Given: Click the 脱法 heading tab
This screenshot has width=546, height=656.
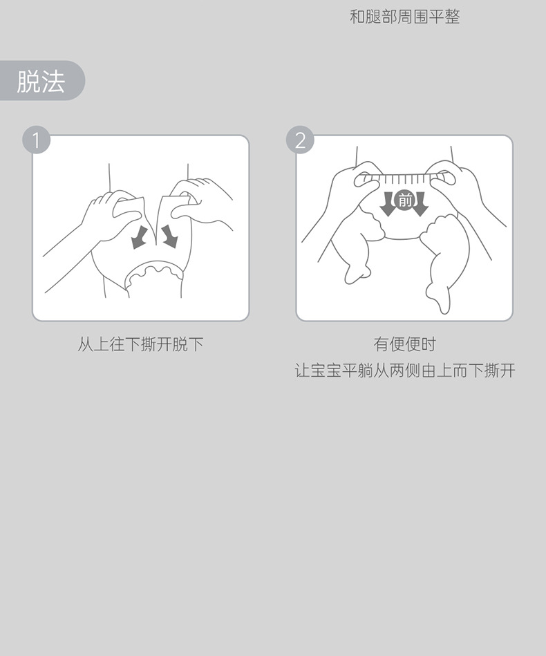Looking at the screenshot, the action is (x=42, y=80).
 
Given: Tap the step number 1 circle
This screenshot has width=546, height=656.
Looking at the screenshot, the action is (x=37, y=140).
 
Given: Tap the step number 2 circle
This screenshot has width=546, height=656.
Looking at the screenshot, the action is (x=301, y=140).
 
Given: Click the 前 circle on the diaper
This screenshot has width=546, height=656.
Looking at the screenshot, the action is (x=404, y=201).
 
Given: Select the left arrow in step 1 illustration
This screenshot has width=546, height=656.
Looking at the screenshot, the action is (x=140, y=237).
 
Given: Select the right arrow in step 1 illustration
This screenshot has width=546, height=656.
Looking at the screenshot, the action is (x=169, y=236).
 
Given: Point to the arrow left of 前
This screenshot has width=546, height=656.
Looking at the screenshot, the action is (x=388, y=204).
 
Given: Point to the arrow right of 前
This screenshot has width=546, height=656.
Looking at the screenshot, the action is (x=420, y=204).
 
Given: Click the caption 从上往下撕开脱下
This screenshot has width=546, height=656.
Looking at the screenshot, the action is (x=140, y=344).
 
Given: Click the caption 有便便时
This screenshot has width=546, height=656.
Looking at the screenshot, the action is (x=404, y=344).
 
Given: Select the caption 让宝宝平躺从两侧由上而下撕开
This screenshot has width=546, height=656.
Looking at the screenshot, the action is (x=404, y=371).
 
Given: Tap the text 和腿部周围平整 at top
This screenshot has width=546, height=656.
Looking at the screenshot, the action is (x=404, y=17).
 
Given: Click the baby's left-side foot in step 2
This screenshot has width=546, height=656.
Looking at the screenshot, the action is (x=357, y=271).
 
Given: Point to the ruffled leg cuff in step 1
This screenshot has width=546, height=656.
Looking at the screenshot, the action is (x=154, y=273).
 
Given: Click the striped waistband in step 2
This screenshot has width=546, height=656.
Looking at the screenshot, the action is (x=404, y=178).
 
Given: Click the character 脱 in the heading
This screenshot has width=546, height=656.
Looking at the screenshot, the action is (x=28, y=81).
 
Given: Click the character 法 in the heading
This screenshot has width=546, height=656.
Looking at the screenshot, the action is (x=53, y=81).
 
